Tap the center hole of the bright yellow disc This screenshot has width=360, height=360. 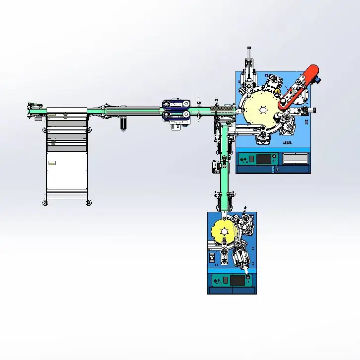point(224,232)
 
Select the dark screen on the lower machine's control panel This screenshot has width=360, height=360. point(237,281)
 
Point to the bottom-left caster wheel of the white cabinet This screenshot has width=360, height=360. point(45,202)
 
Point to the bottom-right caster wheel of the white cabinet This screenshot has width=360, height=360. point(89,202)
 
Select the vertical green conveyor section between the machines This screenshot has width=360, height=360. point(226,169)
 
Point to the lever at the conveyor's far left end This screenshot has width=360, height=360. point(34,105)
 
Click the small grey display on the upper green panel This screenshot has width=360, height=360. point(251,159)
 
